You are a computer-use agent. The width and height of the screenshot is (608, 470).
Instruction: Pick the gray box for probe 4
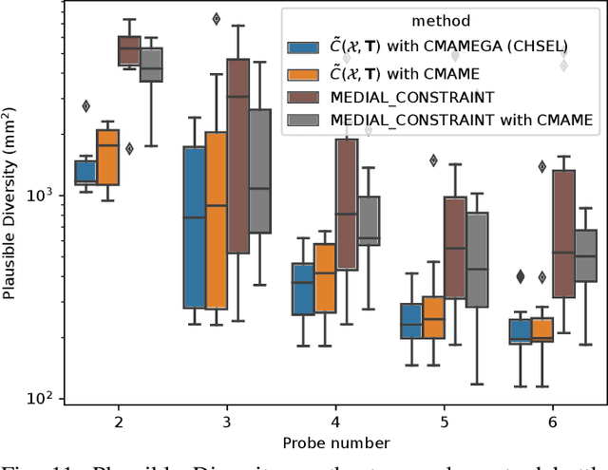(368, 221)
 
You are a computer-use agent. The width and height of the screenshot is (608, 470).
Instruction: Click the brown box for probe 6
(563, 234)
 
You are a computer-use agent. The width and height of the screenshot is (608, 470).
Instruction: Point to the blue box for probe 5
(411, 321)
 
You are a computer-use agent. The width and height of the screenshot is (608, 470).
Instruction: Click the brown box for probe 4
(346, 204)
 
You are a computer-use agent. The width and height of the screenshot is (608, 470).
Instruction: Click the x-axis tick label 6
(552, 420)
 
